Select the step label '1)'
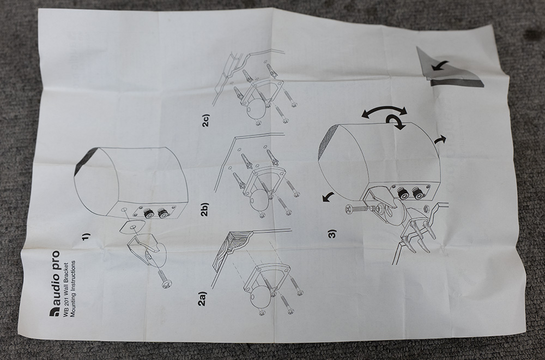[86, 237]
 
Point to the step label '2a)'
[202, 299]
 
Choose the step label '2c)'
[206, 120]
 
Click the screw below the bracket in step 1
[164, 279]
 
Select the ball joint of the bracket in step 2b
[258, 200]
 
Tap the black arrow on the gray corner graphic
[439, 65]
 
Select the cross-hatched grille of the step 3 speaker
[331, 142]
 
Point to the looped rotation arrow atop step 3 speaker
[397, 122]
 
